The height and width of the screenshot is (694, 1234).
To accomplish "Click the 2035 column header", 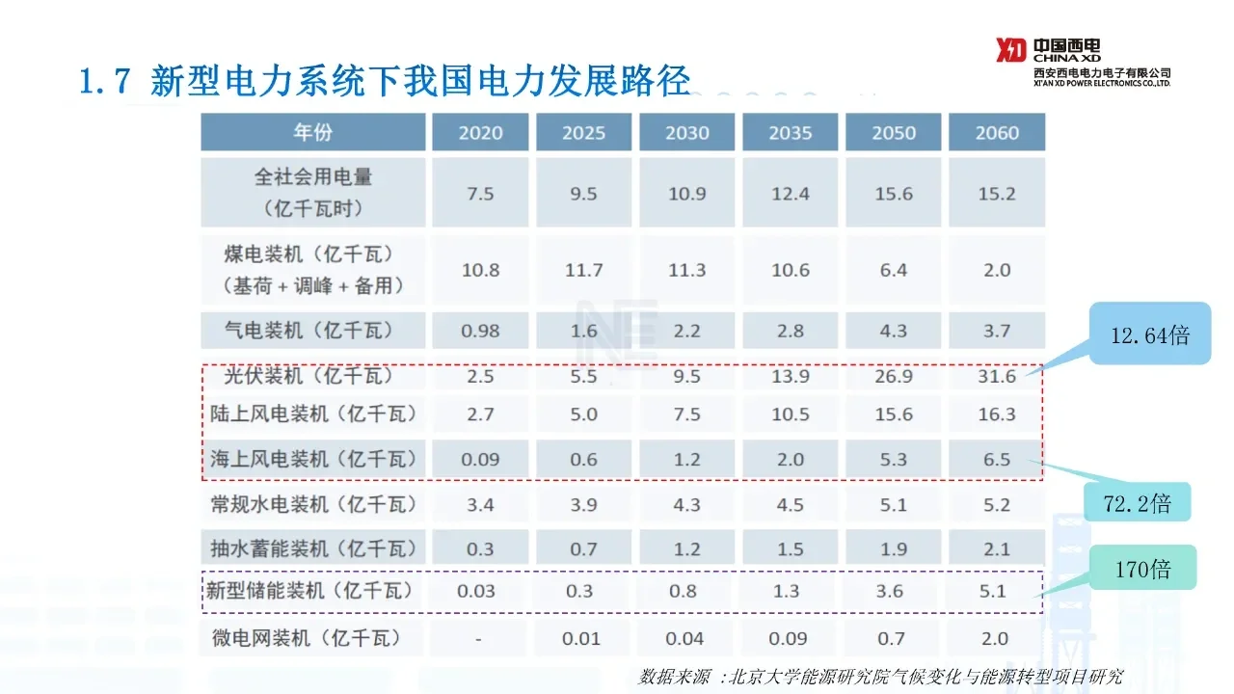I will click(791, 133).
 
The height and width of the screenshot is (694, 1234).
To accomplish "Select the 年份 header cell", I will click(312, 133).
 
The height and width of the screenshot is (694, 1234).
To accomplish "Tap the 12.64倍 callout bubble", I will click(1150, 335).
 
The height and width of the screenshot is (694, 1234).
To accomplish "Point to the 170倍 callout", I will click(1143, 569).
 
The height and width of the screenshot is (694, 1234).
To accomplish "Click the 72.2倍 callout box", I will click(1138, 502).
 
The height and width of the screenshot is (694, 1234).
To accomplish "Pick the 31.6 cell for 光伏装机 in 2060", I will click(997, 376).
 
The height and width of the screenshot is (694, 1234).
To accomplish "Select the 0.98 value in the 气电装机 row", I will click(480, 331).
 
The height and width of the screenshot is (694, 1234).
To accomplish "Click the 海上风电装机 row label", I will click(313, 459).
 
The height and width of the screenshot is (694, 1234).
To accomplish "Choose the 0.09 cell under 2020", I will click(480, 460).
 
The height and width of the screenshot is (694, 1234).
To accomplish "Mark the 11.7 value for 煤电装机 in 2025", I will click(584, 270).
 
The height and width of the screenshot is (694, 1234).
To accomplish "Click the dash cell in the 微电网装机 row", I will click(479, 638).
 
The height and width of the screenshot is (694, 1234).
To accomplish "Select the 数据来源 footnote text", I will click(880, 677).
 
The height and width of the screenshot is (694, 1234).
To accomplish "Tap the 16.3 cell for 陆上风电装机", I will click(997, 414).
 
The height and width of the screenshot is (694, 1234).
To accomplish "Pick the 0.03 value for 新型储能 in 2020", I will click(480, 591).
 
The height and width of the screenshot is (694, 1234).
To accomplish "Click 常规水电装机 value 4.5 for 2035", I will click(791, 504).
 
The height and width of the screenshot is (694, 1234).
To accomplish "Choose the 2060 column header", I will click(997, 133).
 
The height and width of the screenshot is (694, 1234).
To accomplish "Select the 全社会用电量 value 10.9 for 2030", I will click(687, 194).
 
